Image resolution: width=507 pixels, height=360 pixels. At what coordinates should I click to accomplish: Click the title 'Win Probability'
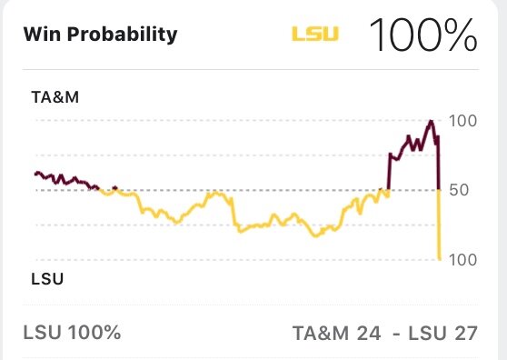tap(100, 35)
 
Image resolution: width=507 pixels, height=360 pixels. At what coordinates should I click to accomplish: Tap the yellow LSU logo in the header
tap(314, 35)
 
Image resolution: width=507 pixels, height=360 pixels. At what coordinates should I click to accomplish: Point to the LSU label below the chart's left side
tap(47, 278)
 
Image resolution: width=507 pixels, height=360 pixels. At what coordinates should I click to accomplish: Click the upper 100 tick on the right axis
tap(463, 121)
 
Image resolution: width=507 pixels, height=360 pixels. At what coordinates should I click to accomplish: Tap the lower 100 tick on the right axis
tap(463, 260)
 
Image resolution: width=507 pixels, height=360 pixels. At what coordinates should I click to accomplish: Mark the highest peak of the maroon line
tap(431, 120)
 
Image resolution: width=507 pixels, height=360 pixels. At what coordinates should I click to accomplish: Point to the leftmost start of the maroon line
tap(35, 173)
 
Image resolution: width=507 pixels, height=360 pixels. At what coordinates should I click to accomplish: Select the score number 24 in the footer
tap(368, 332)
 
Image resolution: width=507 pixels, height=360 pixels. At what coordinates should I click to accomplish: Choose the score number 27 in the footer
tap(465, 332)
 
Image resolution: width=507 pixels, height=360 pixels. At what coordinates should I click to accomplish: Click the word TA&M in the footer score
tap(322, 332)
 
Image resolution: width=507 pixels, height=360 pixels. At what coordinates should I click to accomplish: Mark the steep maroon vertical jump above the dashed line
tap(389, 173)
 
